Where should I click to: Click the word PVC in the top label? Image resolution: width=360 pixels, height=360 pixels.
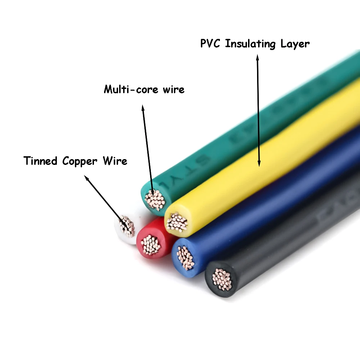pyautogui.click(x=211, y=44)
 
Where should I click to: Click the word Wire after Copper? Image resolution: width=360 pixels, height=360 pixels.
pyautogui.click(x=114, y=161)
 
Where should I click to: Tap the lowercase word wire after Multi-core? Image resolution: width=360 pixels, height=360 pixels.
pyautogui.click(x=173, y=89)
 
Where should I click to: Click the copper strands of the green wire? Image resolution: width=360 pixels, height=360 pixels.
pyautogui.click(x=155, y=199)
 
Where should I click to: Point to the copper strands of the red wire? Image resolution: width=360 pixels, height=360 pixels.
pyautogui.click(x=151, y=245)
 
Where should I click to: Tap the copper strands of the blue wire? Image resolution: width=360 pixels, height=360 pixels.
pyautogui.click(x=186, y=257)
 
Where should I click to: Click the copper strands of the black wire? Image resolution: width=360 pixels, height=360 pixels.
pyautogui.click(x=221, y=279)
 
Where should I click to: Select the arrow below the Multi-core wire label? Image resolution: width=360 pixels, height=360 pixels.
pyautogui.click(x=148, y=151)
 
